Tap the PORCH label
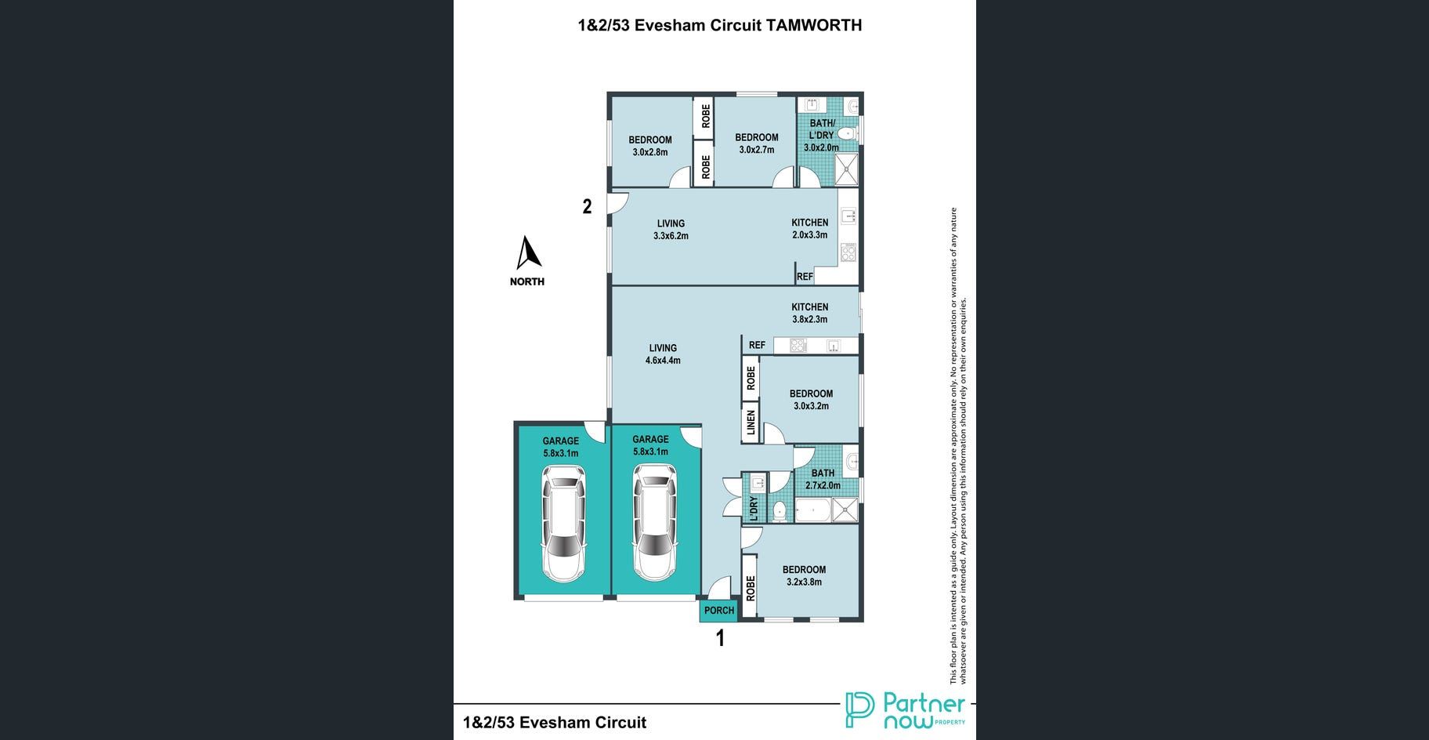pos(719,611)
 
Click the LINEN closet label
pos(751,423)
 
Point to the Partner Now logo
pos(905,710)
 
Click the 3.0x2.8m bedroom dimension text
pos(649,152)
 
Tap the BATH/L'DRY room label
pos(822,129)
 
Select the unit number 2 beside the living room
pos(587,207)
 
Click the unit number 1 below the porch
pos(720,638)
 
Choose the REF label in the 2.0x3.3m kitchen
pos(805,277)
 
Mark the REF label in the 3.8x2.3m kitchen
pos(757,345)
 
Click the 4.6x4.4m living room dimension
pos(663,361)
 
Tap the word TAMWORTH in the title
pos(813,25)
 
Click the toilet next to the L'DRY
pos(779,511)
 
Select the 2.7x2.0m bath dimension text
pos(823,485)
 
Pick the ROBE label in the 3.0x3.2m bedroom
pos(751,378)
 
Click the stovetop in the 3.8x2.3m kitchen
pos(798,345)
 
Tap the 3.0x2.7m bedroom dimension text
pos(756,150)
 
